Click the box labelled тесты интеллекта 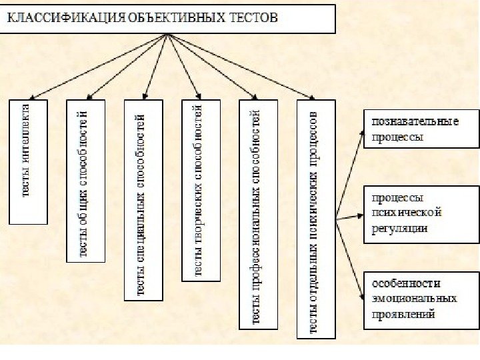pyautogui.click(x=28, y=161)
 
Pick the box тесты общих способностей pyautogui.click(x=86, y=181)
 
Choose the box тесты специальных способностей pyautogui.click(x=143, y=200)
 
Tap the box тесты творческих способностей pyautogui.click(x=201, y=190)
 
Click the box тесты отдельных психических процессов pyautogui.click(x=316, y=219)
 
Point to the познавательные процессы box pyautogui.click(x=421, y=129)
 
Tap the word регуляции pyautogui.click(x=400, y=228)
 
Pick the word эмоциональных pyautogui.click(x=415, y=299)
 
